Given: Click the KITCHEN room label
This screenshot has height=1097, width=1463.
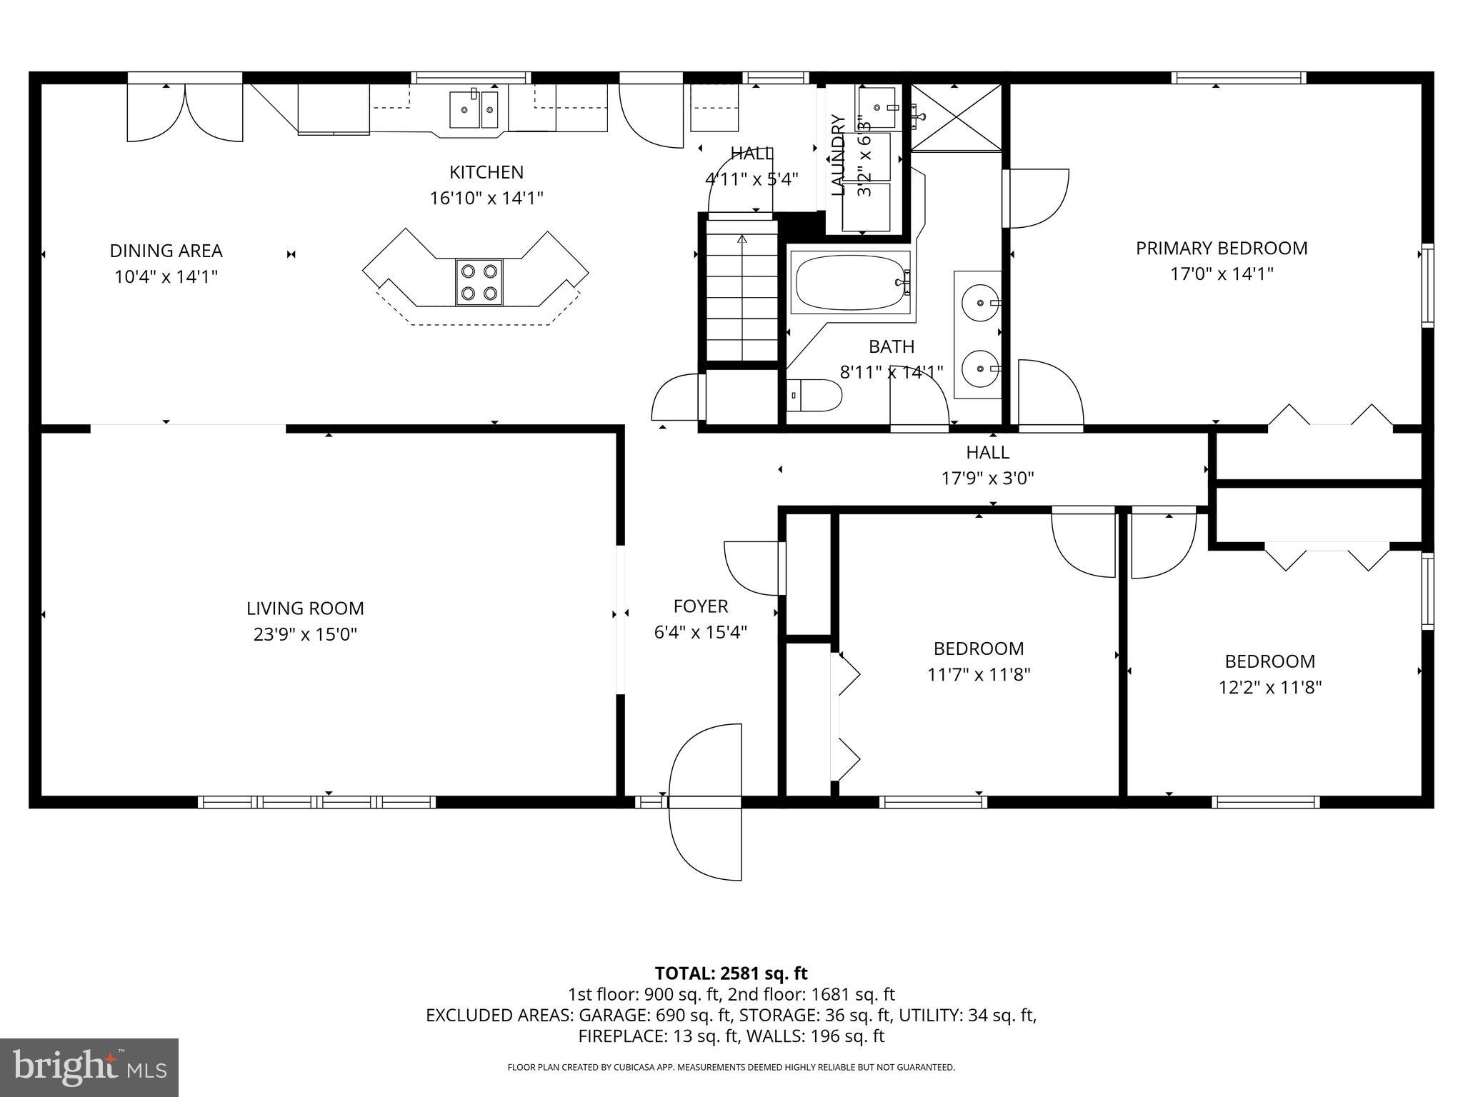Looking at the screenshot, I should [x=486, y=172].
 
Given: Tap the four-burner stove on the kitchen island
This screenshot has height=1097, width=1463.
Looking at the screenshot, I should [x=479, y=282].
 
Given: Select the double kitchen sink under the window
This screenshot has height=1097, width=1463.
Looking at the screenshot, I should [x=474, y=109].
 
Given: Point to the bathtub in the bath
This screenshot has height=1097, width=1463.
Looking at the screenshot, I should [x=850, y=282].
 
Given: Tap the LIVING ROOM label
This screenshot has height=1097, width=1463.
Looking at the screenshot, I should [x=305, y=608].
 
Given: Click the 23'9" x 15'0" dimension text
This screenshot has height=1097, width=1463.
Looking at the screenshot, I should [x=305, y=634].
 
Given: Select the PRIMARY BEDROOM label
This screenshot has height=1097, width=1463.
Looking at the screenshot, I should [x=1222, y=249].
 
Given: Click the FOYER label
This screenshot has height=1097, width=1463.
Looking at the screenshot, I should [x=701, y=606].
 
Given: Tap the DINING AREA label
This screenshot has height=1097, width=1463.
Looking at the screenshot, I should [x=166, y=251].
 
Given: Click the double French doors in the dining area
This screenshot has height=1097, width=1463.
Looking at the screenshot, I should [x=185, y=112].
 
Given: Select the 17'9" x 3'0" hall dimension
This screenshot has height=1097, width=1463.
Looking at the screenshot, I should [x=987, y=478].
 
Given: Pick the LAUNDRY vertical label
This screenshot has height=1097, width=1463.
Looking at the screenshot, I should [x=839, y=155].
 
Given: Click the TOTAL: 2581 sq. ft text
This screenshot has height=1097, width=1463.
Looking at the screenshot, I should [x=731, y=973].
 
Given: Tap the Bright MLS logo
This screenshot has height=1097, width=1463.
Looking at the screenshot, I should [x=89, y=1068].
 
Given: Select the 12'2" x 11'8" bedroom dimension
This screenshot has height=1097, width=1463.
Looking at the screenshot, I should [x=1269, y=688].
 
